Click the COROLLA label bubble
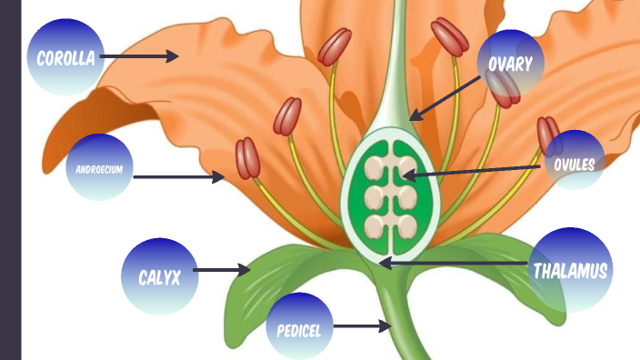[x=65, y=57]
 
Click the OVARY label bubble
[x=511, y=64]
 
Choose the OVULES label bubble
[x=574, y=164]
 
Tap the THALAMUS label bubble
[x=570, y=269]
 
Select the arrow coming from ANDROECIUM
[x=178, y=177]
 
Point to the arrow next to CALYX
[x=222, y=270]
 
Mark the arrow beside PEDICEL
[x=362, y=325]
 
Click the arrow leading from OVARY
[x=445, y=96]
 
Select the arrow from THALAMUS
[x=455, y=264]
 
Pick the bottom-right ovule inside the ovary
[x=406, y=225]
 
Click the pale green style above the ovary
[x=392, y=82]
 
